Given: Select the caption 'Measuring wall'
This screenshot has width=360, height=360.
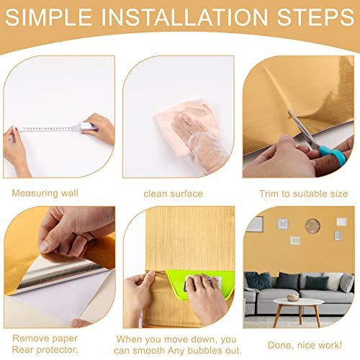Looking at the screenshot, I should click(45, 193).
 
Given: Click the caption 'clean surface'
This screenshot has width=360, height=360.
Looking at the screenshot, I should click(173, 193).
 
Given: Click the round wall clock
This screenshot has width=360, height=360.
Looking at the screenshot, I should click(312, 226).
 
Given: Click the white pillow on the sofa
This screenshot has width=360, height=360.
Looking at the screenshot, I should click(333, 281).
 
